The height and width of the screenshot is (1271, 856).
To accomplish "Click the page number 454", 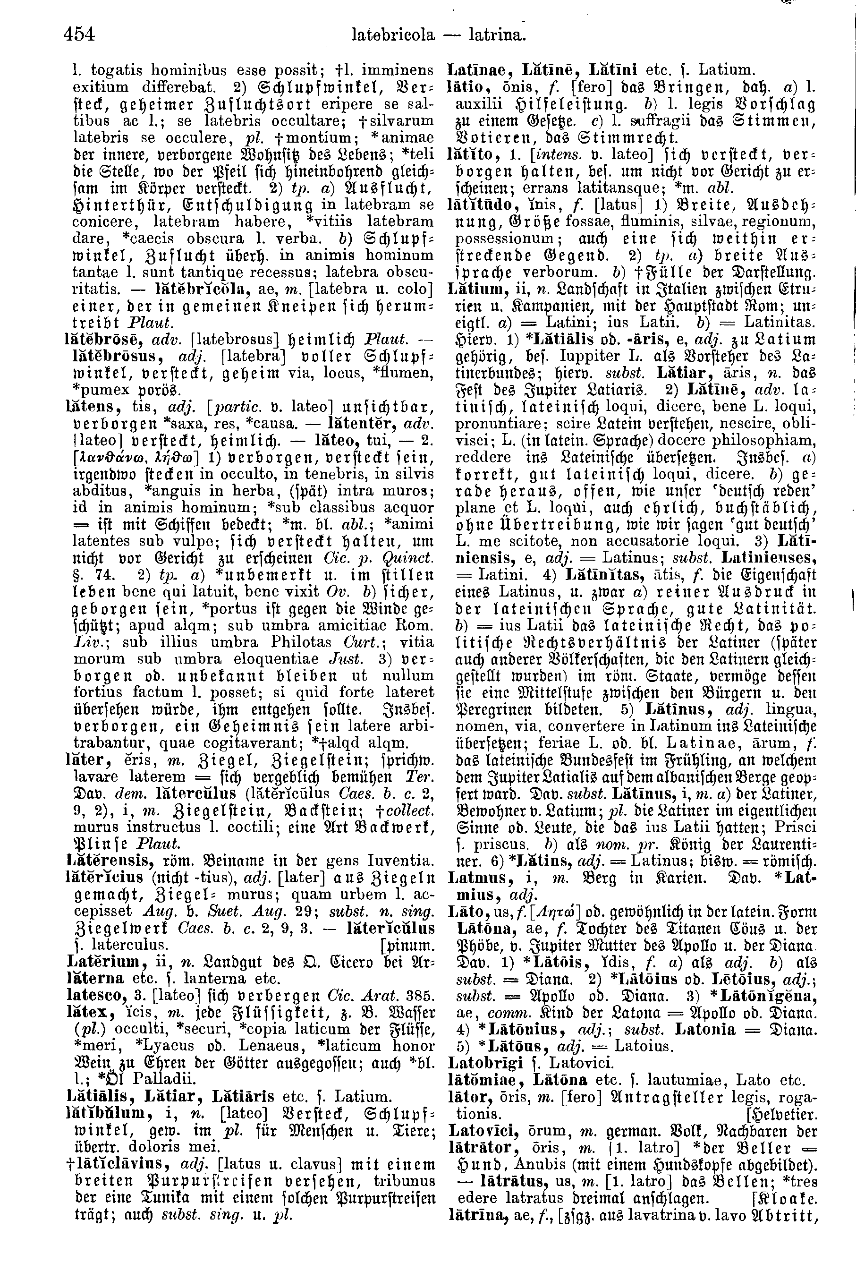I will pyautogui.click(x=80, y=35).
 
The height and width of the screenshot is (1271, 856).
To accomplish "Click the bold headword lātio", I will pyautogui.click(x=465, y=87).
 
